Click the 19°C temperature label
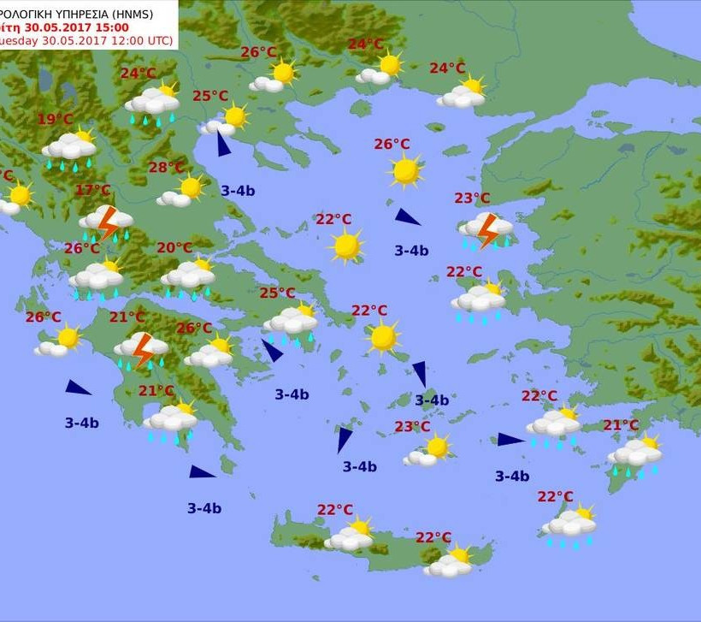[56, 120]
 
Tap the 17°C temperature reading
[93, 191]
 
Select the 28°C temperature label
[167, 168]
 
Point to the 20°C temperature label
[174, 248]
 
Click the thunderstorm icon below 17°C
[107, 222]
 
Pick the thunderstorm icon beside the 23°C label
[487, 229]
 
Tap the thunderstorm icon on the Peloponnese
[142, 349]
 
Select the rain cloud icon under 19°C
[69, 149]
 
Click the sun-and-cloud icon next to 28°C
[182, 192]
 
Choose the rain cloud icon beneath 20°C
[188, 276]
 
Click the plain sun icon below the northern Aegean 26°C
[405, 171]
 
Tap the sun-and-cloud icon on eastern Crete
[451, 561]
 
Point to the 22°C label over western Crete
[335, 510]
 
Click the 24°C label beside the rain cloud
[138, 74]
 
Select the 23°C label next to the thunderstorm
[472, 198]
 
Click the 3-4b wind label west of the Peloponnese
[81, 423]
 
